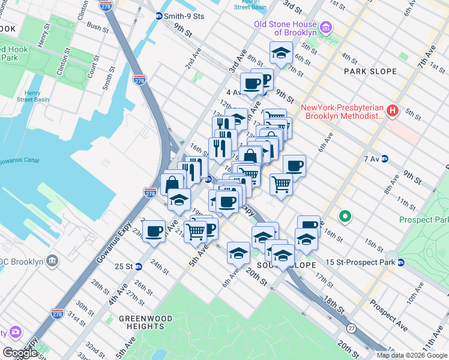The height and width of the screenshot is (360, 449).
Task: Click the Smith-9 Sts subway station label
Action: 185,16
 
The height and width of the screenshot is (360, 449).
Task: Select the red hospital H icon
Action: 393,110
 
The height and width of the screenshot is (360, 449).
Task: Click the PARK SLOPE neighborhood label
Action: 370,71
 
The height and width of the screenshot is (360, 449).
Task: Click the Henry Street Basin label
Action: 29,96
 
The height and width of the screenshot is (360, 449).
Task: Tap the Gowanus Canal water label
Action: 18,161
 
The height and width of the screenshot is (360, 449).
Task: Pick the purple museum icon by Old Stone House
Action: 326,28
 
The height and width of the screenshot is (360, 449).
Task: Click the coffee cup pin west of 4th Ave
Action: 154,230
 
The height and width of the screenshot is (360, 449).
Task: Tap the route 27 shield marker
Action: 351,328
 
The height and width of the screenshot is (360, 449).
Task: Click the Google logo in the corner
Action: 20,353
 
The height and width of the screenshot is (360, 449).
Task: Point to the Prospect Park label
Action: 423,220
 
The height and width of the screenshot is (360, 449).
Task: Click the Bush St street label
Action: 97,26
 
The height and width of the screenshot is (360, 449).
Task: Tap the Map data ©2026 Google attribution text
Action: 411,355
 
